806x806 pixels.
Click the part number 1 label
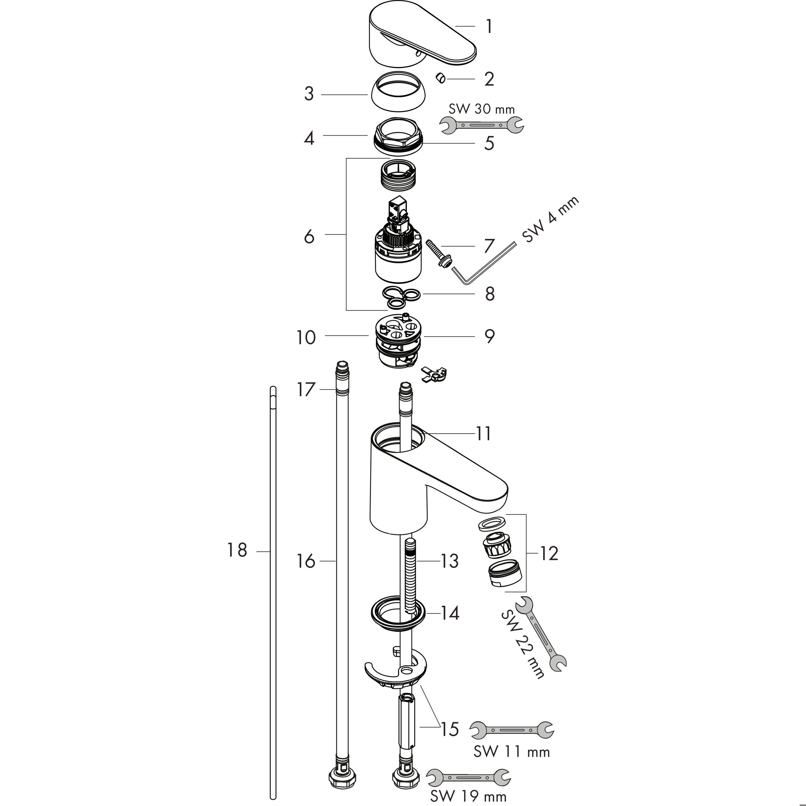point(489,26)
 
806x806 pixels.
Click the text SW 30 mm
point(481,109)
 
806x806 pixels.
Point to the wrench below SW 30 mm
point(482,125)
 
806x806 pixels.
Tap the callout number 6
point(309,237)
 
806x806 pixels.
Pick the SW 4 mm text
point(550,220)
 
